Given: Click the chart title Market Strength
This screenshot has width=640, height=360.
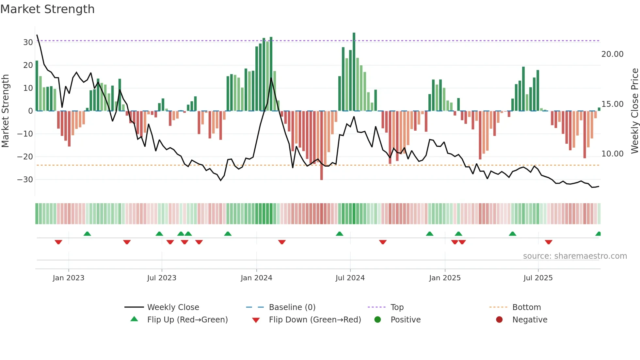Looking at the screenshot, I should pos(47,9).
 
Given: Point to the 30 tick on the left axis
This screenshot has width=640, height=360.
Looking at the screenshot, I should pos(28,42).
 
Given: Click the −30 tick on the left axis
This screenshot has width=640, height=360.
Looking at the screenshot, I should pos(25,180).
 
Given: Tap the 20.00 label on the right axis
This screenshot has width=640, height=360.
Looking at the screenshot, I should pos(612,54).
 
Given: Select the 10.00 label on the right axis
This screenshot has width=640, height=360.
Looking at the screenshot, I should pos(612,154).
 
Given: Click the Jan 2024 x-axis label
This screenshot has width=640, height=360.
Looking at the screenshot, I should pos(256,278).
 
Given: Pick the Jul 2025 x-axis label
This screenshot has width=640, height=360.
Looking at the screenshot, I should pos(538,278).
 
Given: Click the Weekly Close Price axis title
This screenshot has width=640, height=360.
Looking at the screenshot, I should pos(634,111).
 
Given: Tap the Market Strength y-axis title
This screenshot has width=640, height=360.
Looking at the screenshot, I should pos(5,111).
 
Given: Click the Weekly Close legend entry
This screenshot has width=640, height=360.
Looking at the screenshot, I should pos(173,307).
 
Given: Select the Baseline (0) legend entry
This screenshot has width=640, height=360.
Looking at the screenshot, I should pos(292,307).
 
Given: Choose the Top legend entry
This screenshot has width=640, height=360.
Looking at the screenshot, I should pos(397,307).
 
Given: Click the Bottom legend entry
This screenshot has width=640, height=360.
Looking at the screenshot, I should pos(526,307).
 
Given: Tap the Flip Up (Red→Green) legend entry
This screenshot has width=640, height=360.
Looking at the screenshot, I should pos(187,320).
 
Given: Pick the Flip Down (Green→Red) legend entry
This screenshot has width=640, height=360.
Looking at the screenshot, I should pos(315,320).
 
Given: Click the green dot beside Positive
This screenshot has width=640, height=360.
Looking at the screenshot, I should pos(378,320).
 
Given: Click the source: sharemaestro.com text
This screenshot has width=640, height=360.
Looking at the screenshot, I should pos(575,256).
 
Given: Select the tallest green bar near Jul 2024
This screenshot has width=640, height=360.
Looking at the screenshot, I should pos(354,72).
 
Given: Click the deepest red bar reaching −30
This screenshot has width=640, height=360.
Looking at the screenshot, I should pos(322,145).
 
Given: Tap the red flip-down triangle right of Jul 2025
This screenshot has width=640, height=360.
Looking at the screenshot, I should pos(549,242).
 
